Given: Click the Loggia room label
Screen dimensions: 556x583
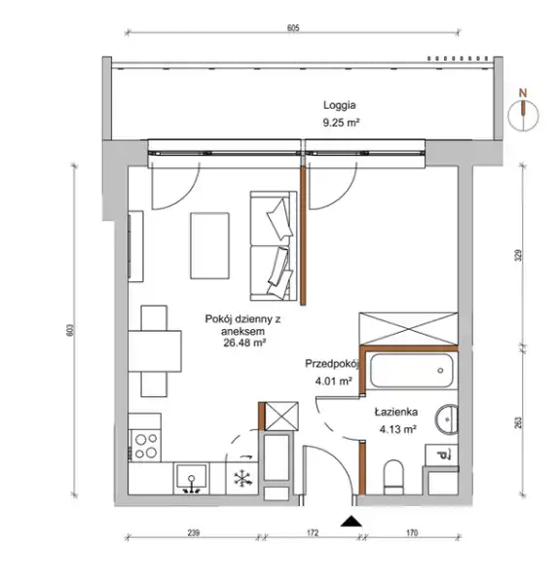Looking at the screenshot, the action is tap(339, 105).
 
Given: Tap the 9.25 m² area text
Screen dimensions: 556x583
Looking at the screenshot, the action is tap(341, 123).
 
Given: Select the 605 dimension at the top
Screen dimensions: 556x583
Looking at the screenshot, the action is tap(293, 28).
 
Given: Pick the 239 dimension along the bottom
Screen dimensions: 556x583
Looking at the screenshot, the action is tap(194, 532).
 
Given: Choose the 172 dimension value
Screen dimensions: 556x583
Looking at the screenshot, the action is tap(313, 532).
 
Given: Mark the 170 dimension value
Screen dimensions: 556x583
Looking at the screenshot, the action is tap(412, 532).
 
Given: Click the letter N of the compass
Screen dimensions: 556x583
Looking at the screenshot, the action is tap(523, 93).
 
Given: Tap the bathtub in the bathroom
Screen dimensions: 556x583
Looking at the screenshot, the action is tap(412, 371).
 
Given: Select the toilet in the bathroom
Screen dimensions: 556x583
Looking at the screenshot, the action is tap(393, 478).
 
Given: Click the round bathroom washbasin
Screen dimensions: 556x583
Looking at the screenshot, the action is tap(447, 419).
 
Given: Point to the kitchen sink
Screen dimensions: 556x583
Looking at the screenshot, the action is tap(191, 479).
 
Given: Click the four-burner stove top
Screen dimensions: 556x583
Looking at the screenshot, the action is tap(145, 446).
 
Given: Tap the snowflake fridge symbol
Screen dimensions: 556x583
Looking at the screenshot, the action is tap(242, 479).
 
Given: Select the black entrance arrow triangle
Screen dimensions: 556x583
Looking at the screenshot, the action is tap(352, 522).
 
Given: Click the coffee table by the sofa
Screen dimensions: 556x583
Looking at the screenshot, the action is tap(209, 245).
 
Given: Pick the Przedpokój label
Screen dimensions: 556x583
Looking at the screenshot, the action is tap(332, 364).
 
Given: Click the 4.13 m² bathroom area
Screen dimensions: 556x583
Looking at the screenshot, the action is tap(397, 429).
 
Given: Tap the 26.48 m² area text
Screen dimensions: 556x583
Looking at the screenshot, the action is tap(244, 343).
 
